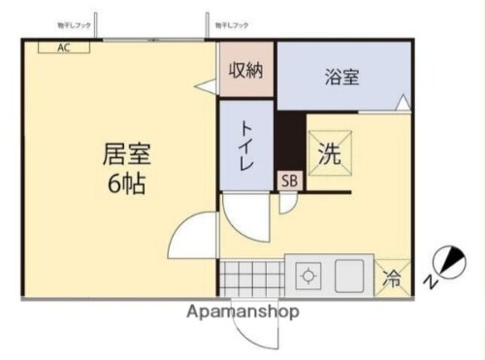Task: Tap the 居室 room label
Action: (x=126, y=153)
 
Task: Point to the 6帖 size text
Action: (x=126, y=183)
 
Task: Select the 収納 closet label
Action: (x=246, y=70)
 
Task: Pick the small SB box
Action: (x=289, y=180)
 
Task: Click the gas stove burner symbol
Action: (x=309, y=276)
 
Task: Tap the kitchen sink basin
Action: (x=354, y=275)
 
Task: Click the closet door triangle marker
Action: (x=206, y=86)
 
